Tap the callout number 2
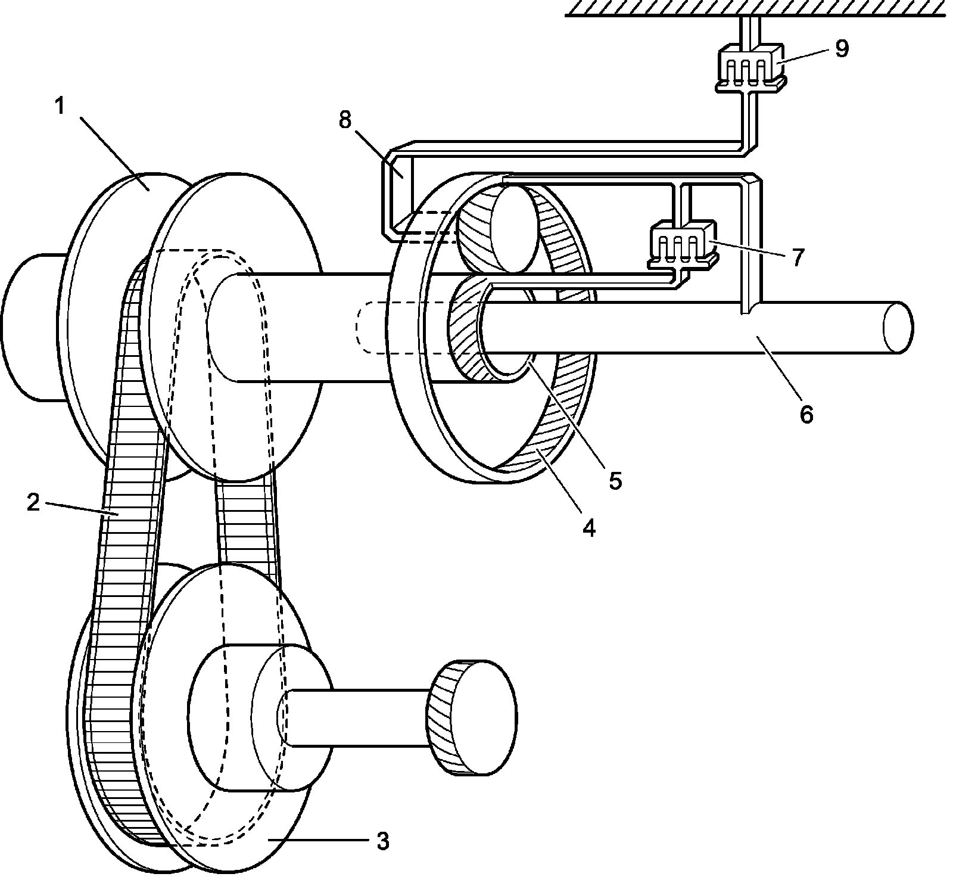tap(33, 503)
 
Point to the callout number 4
tap(588, 528)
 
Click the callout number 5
tap(615, 480)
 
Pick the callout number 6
tap(806, 413)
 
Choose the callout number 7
tap(798, 257)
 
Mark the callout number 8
tap(345, 120)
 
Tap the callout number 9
tap(841, 48)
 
